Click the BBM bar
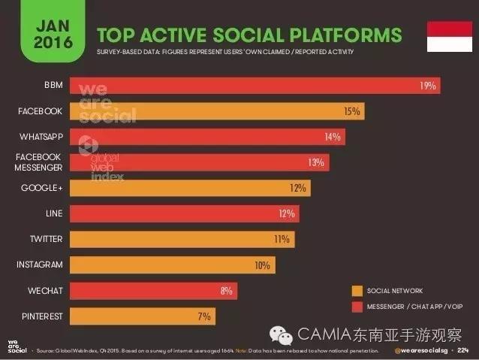255,86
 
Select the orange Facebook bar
217,111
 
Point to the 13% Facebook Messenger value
315,162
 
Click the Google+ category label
42,188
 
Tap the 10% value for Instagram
262,265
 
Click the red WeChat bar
153,290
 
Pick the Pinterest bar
142,316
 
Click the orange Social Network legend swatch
357,291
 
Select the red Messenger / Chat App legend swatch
357,307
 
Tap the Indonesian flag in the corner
449,37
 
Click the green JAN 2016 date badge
53,30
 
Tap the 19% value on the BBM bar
427,86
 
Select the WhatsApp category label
41,137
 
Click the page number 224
463,351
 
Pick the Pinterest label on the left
41,316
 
